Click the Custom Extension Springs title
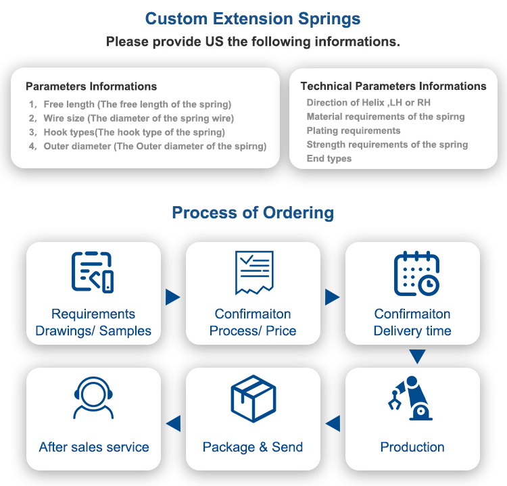tap(253, 18)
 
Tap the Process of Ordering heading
tap(253, 213)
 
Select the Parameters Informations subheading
tap(91, 87)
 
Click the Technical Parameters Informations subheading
tap(393, 87)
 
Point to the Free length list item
tap(137, 104)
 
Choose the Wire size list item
tap(139, 118)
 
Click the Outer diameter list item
tap(155, 146)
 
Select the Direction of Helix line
tap(368, 103)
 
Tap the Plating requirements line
tap(354, 130)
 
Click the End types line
tap(329, 158)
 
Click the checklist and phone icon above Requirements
tap(93, 272)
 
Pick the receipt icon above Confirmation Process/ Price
tap(254, 272)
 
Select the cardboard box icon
tap(253, 399)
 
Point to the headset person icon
tap(93, 399)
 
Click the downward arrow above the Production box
tap(418, 356)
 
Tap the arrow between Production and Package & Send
tap(333, 424)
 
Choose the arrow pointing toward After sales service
tap(173, 424)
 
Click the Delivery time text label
tap(412, 331)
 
